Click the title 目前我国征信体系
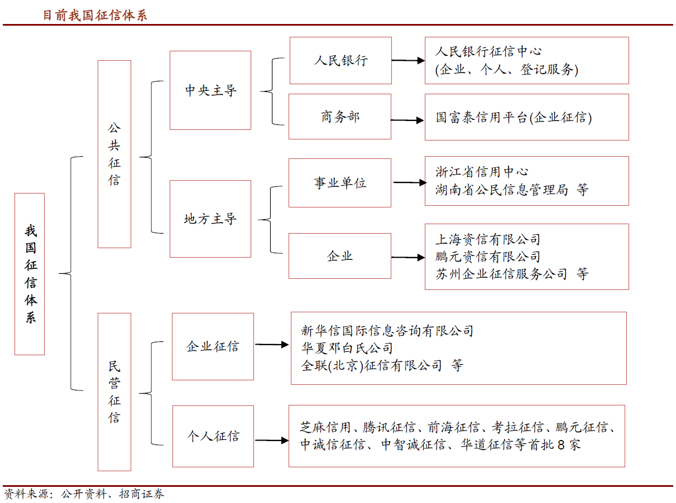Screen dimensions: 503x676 point(95,15)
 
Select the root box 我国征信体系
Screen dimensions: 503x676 point(30,274)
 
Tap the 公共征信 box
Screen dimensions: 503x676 point(114,154)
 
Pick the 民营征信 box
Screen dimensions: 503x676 point(114,391)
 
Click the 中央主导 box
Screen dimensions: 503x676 point(210,90)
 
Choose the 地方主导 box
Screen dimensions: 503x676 point(210,219)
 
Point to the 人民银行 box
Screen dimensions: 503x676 point(341,60)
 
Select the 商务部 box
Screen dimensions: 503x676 point(340,117)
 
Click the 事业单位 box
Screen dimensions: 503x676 point(340,183)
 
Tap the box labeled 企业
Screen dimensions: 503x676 point(340,256)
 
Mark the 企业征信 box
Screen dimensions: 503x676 point(213,346)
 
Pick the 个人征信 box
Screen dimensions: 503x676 point(213,436)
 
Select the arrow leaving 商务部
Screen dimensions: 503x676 point(407,120)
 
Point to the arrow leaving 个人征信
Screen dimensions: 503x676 point(272,441)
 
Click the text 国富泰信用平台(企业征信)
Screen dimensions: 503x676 point(514,118)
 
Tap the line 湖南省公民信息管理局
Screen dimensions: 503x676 point(501,190)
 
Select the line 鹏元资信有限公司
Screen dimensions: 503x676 point(488,257)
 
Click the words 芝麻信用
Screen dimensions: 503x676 point(325,428)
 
